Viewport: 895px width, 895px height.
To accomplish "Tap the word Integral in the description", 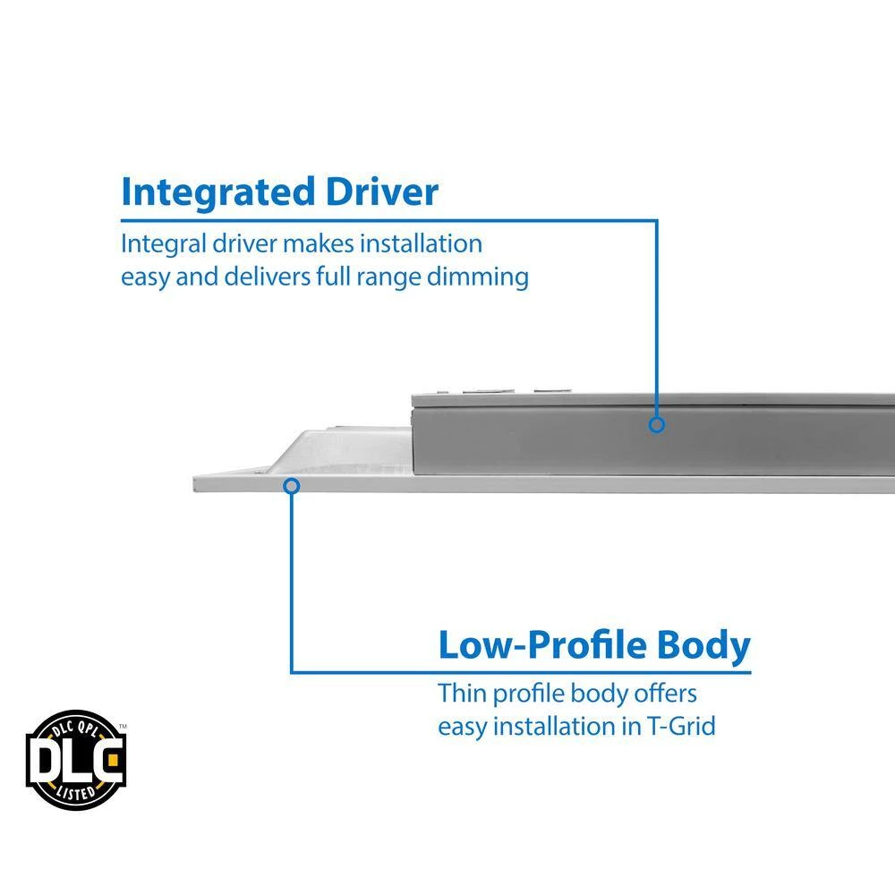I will (156, 243).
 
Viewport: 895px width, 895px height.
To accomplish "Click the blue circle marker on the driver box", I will (657, 424).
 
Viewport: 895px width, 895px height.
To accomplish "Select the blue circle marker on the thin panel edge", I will (291, 485).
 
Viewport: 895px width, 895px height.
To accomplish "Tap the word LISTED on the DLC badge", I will (76, 791).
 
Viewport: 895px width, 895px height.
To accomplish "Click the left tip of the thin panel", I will (197, 484).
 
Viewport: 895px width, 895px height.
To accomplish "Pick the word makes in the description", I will (305, 243).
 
